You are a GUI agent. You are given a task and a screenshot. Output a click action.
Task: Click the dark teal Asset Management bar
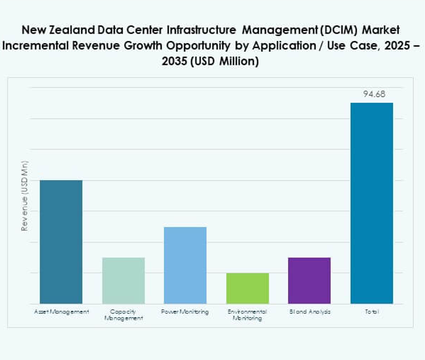[61, 242]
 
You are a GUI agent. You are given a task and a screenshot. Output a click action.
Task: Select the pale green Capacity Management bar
[123, 280]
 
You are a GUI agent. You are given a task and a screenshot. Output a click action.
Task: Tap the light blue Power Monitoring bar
[185, 265]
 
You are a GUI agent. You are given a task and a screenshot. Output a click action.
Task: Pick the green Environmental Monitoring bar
[247, 288]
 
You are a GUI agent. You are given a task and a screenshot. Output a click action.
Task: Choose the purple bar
[309, 280]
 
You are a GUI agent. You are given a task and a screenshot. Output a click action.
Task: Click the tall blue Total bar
[372, 203]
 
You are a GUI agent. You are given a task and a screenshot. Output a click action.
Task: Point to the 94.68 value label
[374, 94]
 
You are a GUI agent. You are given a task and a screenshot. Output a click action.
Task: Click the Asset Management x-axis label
[61, 312]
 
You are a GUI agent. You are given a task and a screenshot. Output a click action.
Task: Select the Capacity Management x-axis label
[123, 315]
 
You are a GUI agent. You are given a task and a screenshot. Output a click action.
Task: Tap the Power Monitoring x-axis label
[185, 312]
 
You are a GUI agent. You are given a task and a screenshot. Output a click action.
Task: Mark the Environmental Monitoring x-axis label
[247, 315]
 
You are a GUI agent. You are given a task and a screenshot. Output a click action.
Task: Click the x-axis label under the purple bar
[310, 312]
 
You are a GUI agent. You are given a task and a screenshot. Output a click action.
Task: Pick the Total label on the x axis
[372, 312]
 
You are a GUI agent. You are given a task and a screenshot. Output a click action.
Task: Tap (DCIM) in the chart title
[339, 30]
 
